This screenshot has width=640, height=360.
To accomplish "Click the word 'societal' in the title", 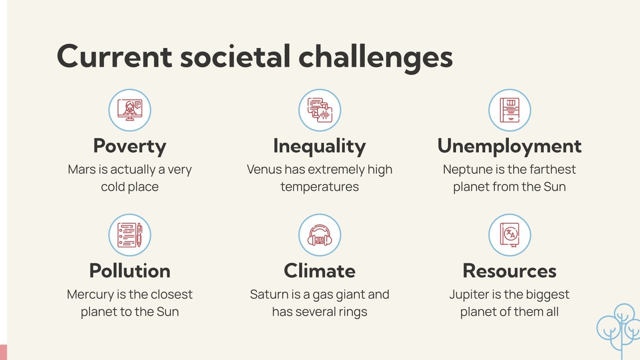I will click(235, 56).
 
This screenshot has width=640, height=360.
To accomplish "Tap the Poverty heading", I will click(130, 146).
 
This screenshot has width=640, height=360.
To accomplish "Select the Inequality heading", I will click(319, 146).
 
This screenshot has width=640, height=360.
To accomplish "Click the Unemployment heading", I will click(509, 146).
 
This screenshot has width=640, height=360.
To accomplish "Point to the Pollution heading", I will click(130, 271).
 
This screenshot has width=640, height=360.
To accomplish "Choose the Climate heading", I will click(319, 271).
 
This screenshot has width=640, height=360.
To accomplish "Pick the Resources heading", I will click(509, 271).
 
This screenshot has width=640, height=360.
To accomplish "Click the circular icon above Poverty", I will click(130, 110).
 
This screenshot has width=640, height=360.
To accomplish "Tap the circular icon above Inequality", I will click(319, 110).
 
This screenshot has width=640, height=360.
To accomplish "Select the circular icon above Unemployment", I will click(509, 110).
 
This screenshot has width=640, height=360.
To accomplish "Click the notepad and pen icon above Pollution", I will click(130, 235).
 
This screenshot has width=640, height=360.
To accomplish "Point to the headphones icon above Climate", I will click(319, 235).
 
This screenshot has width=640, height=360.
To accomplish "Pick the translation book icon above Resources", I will click(509, 235).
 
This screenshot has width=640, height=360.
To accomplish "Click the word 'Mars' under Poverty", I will click(82, 170).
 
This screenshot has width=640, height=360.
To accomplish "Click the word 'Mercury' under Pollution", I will click(90, 294).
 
